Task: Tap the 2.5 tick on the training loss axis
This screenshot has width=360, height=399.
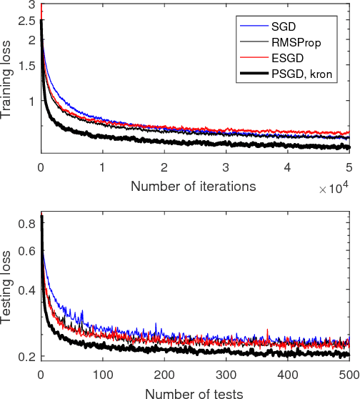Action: click(26, 21)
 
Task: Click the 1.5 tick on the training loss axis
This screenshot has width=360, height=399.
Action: click(26, 66)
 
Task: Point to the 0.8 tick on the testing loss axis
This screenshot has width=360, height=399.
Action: click(26, 224)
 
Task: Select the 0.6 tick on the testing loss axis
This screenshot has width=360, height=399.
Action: click(26, 251)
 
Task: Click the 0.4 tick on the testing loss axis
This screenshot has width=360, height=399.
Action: click(26, 290)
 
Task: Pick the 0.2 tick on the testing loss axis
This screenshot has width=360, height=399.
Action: click(26, 356)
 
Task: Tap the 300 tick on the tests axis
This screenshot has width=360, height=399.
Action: click(226, 375)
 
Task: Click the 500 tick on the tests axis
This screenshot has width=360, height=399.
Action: click(349, 375)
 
